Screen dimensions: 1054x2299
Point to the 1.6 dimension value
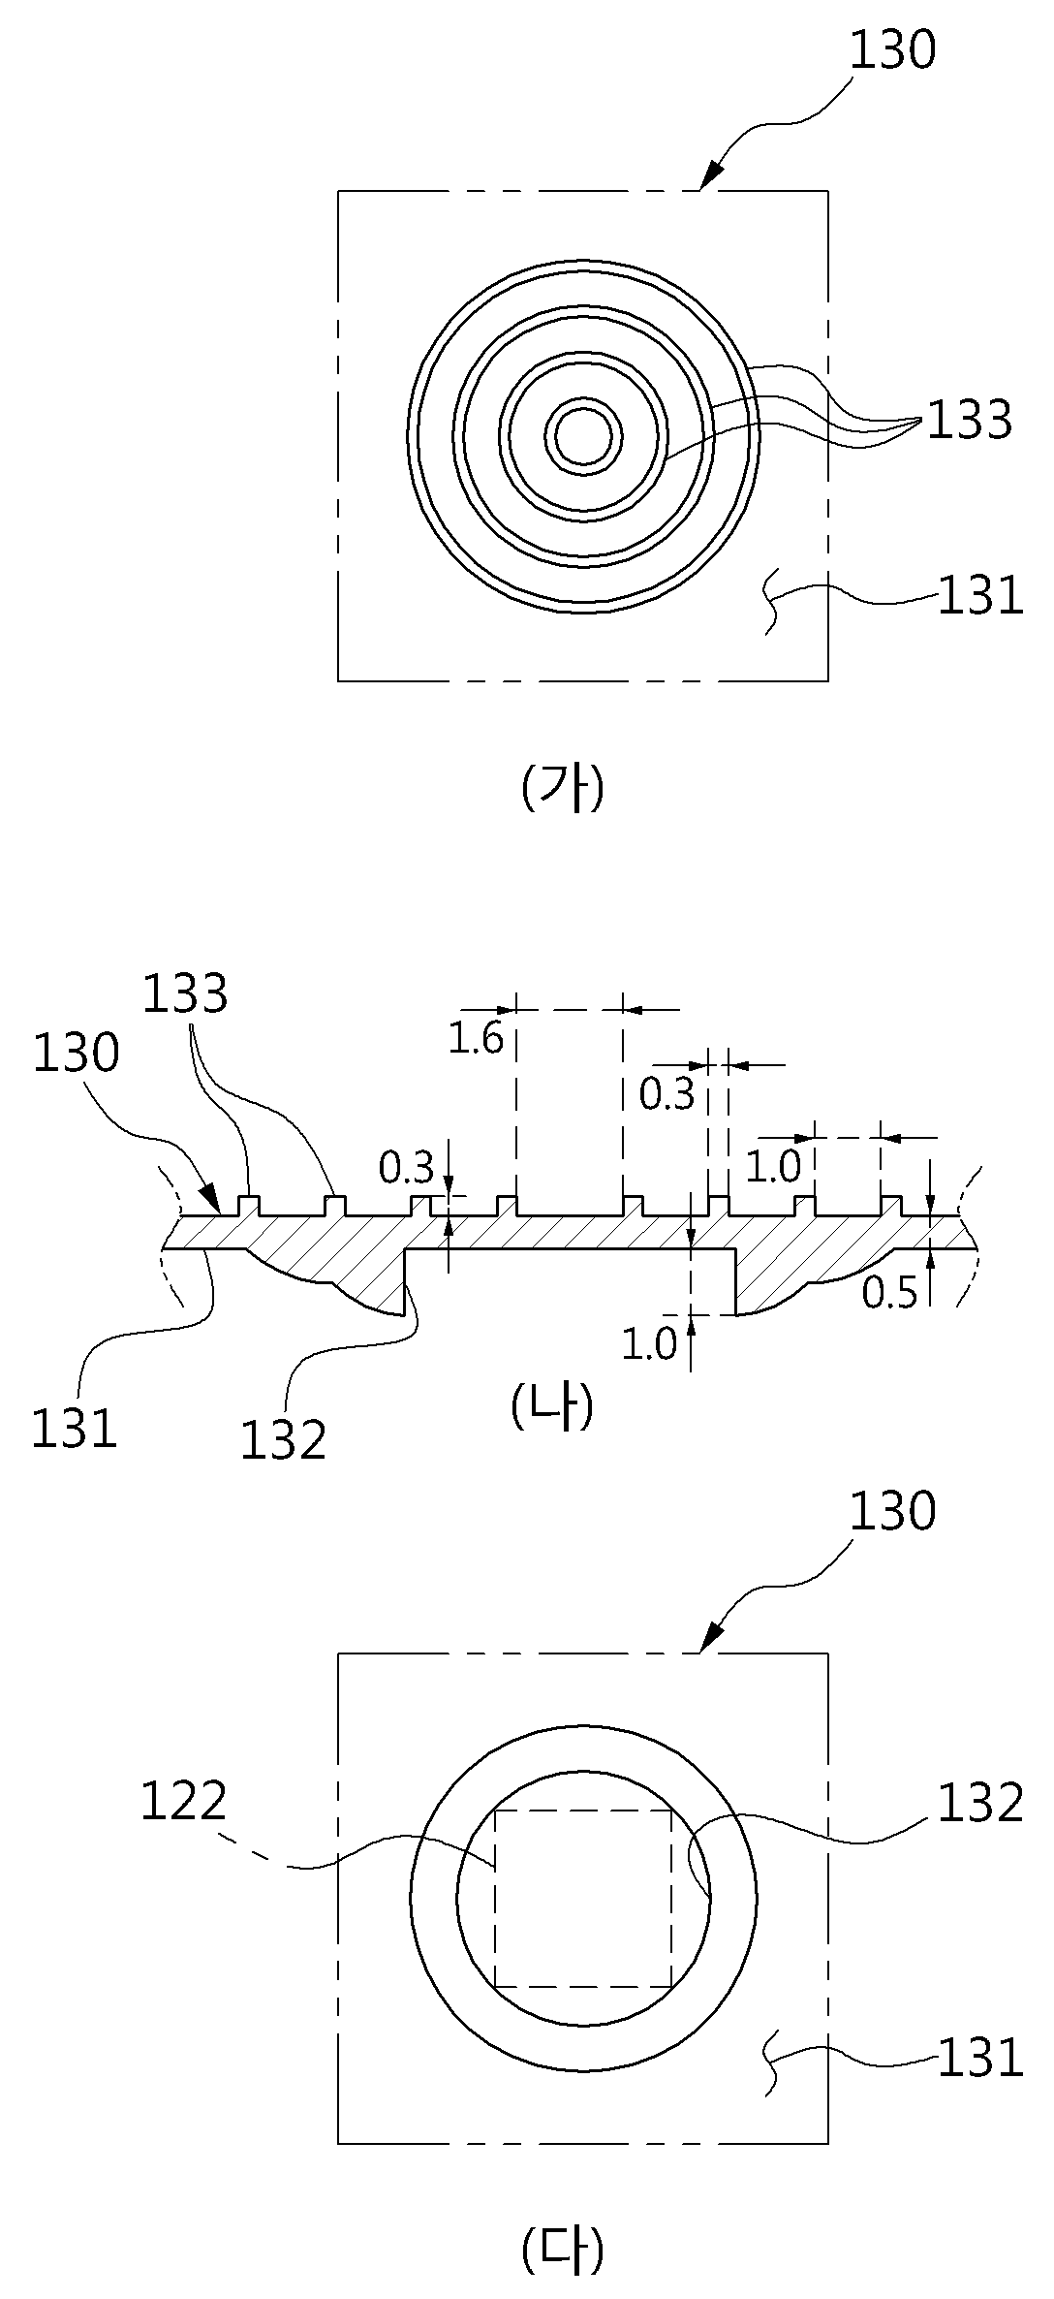pos(476,1039)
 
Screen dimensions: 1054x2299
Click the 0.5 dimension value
pos(889,1294)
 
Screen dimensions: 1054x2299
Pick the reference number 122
pos(184,1802)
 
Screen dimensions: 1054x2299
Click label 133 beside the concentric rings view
pos(970,421)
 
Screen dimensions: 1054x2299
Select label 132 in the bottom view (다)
pos(980,1803)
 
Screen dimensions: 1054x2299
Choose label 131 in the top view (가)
pos(980,596)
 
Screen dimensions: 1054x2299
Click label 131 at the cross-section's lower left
pos(75,1428)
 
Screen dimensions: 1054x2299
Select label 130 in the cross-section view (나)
pos(77,1054)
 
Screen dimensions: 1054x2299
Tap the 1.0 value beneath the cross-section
pos(648,1344)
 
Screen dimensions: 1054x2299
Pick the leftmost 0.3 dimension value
pos(406,1169)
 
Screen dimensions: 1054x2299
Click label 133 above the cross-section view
pos(185,993)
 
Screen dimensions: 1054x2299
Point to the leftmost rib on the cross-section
pos(249,1207)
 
